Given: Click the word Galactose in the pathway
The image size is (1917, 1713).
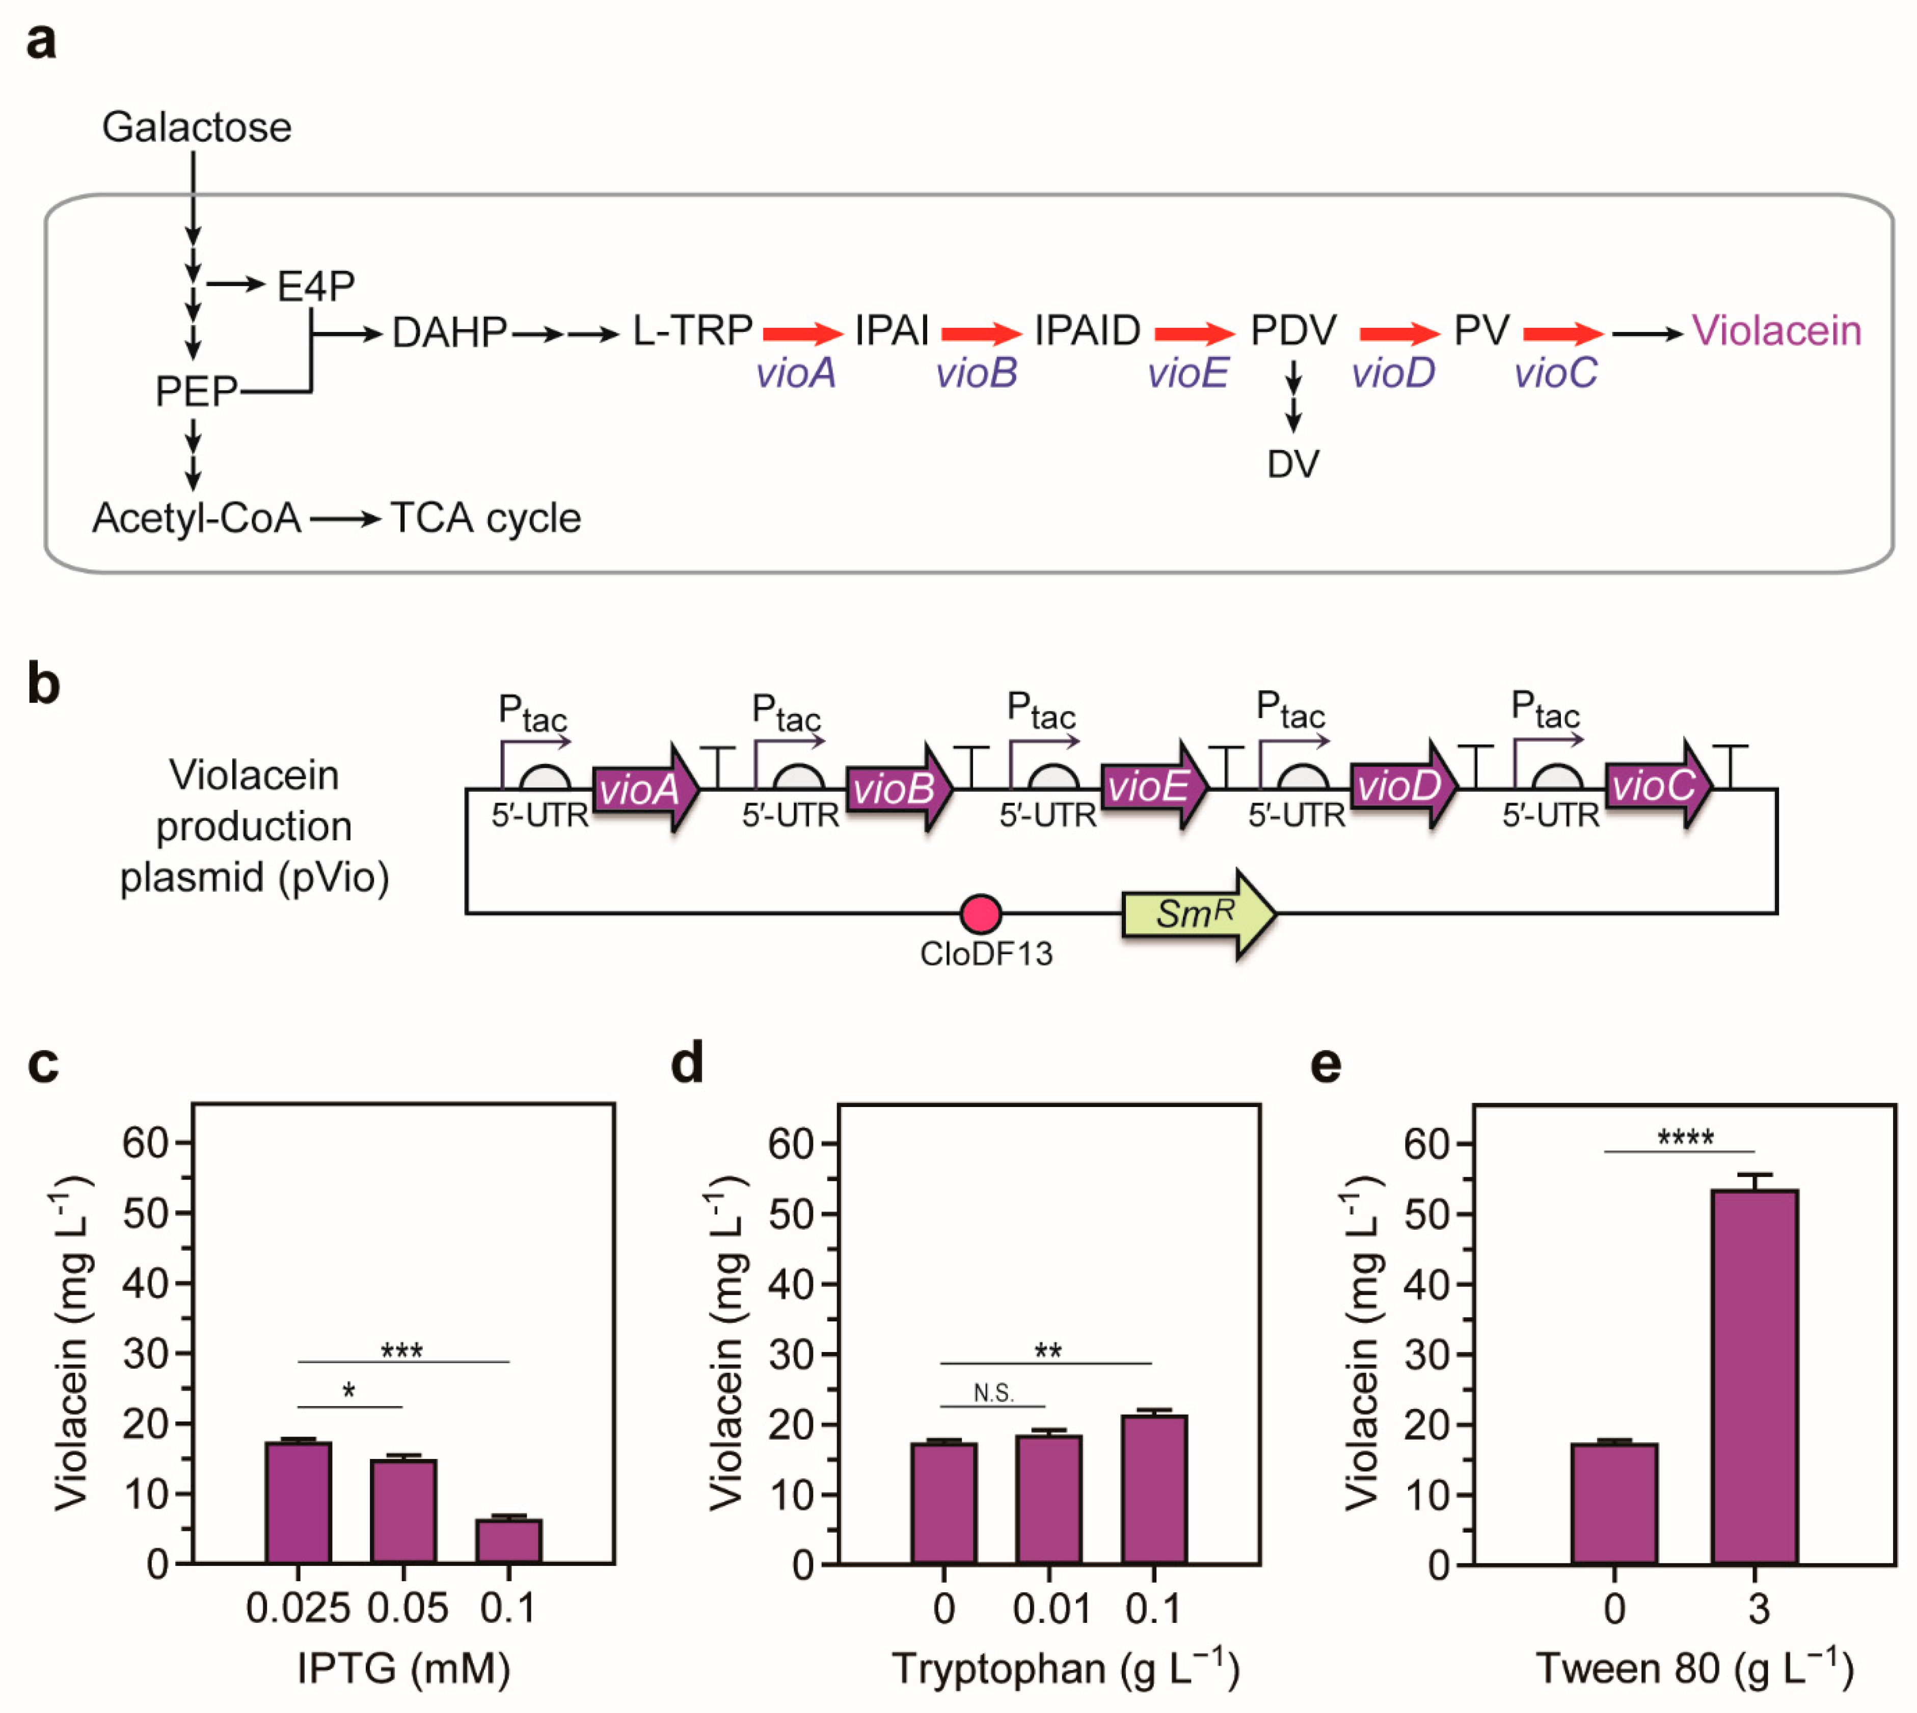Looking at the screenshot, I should click(x=197, y=127).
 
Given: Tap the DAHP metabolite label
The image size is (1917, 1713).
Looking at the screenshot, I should click(x=449, y=332).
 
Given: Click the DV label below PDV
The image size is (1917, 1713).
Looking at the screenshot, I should click(x=1293, y=464).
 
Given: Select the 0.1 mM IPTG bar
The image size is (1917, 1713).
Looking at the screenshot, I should click(x=508, y=1542).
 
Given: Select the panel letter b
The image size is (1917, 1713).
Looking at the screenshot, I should click(x=43, y=684).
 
